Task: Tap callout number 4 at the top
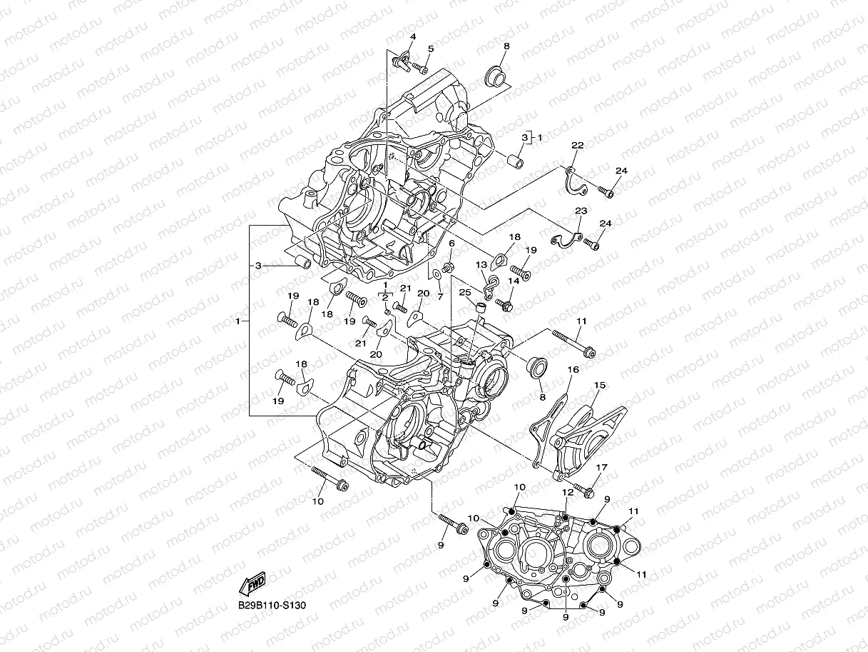tap(412, 37)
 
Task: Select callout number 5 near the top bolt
tap(430, 48)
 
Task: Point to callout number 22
tap(578, 145)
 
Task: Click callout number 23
tap(581, 211)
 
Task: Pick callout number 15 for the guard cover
tap(600, 386)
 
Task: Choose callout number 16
tap(573, 369)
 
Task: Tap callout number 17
tap(601, 468)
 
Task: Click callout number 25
tap(465, 293)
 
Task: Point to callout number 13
tap(481, 264)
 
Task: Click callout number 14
tap(513, 281)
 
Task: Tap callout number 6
tap(451, 244)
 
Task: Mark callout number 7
tap(440, 296)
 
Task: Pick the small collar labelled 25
tap(481, 309)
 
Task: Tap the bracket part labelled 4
tap(403, 57)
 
